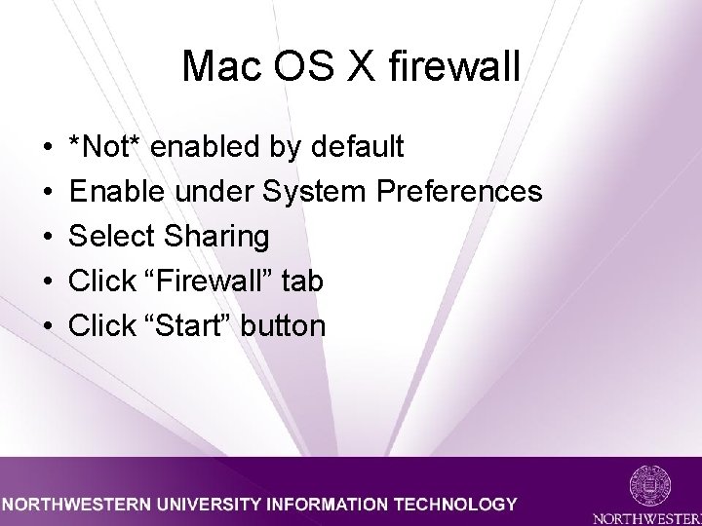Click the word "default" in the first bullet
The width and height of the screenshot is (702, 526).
[x=356, y=147]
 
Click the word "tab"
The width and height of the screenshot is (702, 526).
[x=302, y=282]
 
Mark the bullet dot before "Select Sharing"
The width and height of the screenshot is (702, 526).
[x=49, y=238]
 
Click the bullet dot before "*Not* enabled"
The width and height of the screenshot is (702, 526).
[x=49, y=148]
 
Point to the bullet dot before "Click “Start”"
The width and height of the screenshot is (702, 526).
[x=49, y=327]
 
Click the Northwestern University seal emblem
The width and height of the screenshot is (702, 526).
[x=649, y=485]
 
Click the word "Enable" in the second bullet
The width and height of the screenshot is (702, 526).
[x=118, y=192]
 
